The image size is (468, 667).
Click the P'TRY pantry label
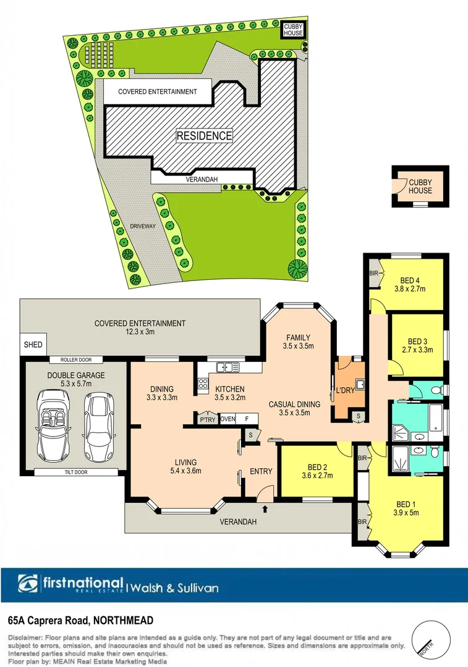(206, 418)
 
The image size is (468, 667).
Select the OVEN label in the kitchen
(228, 418)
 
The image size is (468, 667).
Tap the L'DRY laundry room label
(346, 391)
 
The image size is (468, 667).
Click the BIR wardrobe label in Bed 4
(373, 272)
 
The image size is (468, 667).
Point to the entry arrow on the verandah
(266, 509)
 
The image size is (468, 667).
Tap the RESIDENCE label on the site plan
(205, 135)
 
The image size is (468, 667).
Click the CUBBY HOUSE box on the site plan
(293, 30)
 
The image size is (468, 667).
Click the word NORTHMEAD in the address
(124, 620)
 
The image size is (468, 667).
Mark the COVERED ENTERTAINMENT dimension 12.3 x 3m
(140, 332)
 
